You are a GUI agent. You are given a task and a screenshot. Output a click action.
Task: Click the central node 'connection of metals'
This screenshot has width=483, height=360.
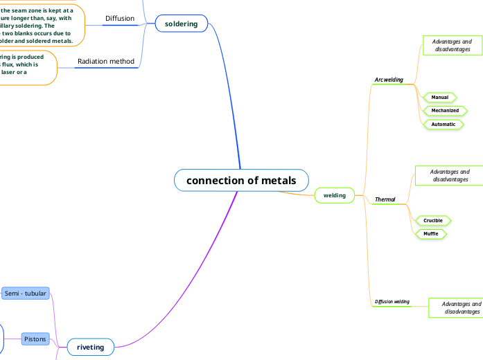point(241,181)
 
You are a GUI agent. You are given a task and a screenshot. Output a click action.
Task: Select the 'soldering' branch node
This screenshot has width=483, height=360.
point(181,24)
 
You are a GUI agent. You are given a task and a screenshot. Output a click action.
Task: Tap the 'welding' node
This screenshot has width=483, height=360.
point(335,196)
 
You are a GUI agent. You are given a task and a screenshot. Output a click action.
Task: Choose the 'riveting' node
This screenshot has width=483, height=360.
point(90,348)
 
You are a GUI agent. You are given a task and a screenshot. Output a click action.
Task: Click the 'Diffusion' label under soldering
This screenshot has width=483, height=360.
point(120,18)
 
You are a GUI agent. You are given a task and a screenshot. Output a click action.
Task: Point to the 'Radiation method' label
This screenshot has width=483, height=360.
point(106,62)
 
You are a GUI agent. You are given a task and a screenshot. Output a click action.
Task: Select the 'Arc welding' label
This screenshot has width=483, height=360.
point(388,80)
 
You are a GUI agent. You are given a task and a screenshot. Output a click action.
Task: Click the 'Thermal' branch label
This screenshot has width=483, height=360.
point(385,199)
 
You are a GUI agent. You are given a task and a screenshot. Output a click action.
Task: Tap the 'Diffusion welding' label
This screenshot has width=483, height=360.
point(392,302)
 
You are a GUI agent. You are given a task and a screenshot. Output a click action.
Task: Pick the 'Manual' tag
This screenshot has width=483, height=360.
point(440,98)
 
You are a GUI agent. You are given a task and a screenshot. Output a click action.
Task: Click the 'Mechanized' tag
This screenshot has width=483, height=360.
point(445,111)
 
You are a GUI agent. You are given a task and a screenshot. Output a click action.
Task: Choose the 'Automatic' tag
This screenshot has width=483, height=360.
point(444,125)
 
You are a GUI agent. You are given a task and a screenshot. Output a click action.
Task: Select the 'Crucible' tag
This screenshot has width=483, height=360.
point(433,221)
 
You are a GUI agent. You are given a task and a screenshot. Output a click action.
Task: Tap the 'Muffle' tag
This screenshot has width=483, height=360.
point(431,234)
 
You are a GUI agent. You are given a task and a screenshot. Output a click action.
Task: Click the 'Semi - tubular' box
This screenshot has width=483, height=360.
point(26,294)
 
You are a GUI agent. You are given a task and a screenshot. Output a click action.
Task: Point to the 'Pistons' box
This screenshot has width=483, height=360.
point(35,339)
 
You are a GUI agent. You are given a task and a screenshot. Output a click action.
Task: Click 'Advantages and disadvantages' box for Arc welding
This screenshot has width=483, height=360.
point(453,46)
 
